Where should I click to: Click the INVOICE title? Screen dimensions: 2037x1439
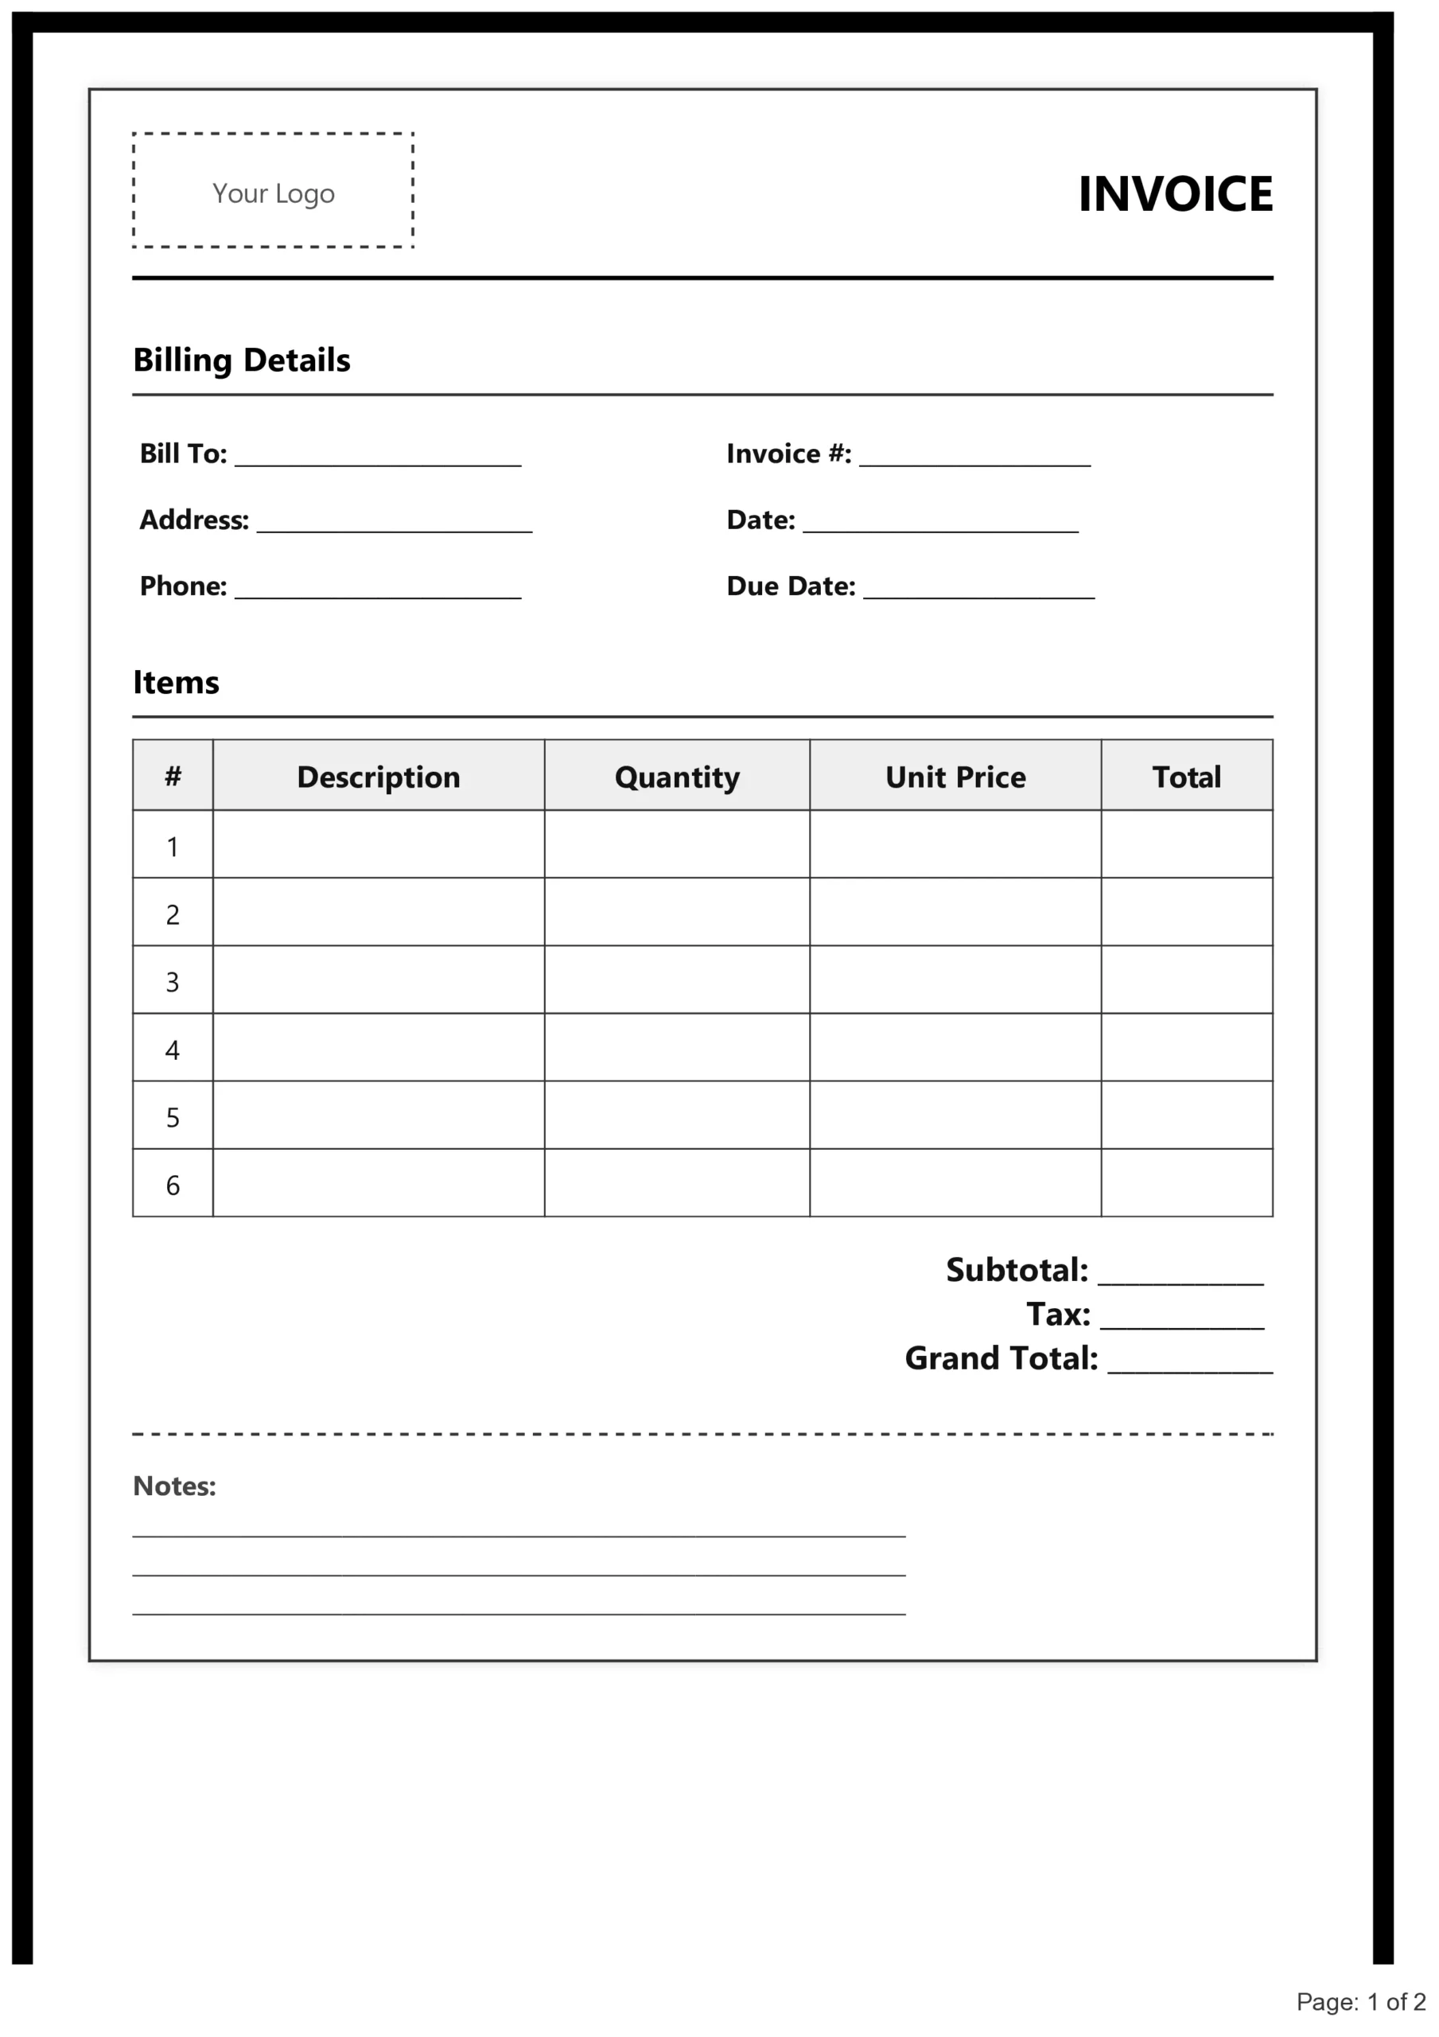[1175, 194]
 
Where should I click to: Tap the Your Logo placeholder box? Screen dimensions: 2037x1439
[274, 191]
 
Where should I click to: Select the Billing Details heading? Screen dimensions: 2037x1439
[241, 360]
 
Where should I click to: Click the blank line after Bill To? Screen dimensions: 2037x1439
[378, 460]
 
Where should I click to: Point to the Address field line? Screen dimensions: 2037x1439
[394, 526]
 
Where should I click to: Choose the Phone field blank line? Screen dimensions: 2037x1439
[378, 593]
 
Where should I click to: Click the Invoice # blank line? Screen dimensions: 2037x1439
[974, 460]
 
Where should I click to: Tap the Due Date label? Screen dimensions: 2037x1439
[791, 586]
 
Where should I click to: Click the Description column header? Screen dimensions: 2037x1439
[378, 777]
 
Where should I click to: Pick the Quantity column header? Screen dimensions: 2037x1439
[677, 777]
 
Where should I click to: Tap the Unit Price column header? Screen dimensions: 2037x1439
[955, 777]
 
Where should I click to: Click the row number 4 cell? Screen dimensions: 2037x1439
[173, 1050]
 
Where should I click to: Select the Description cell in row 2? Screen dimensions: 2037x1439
[378, 913]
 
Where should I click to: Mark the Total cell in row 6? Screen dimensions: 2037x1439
[1186, 1185]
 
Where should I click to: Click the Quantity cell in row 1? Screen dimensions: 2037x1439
[677, 846]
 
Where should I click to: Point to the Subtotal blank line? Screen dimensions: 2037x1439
[1180, 1278]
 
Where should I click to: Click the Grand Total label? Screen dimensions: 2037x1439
[1001, 1358]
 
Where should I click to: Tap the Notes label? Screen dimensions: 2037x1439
[174, 1486]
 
